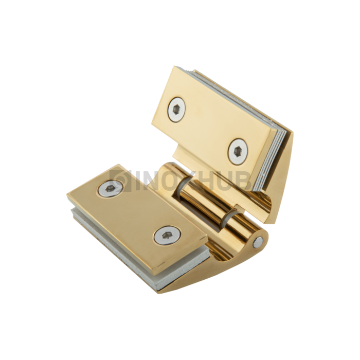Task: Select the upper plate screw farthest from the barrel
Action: point(177,109)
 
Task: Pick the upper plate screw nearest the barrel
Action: point(238,150)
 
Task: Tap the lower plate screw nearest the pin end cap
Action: point(165,236)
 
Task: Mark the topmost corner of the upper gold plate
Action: point(175,67)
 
